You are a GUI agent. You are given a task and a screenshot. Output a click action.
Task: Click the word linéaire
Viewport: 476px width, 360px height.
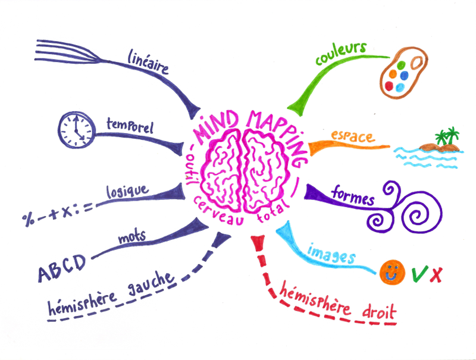pos(148,62)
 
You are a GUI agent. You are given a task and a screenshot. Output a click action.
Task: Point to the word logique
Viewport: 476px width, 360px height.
pos(127,192)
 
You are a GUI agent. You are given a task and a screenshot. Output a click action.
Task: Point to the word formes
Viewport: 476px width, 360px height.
pos(353,197)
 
